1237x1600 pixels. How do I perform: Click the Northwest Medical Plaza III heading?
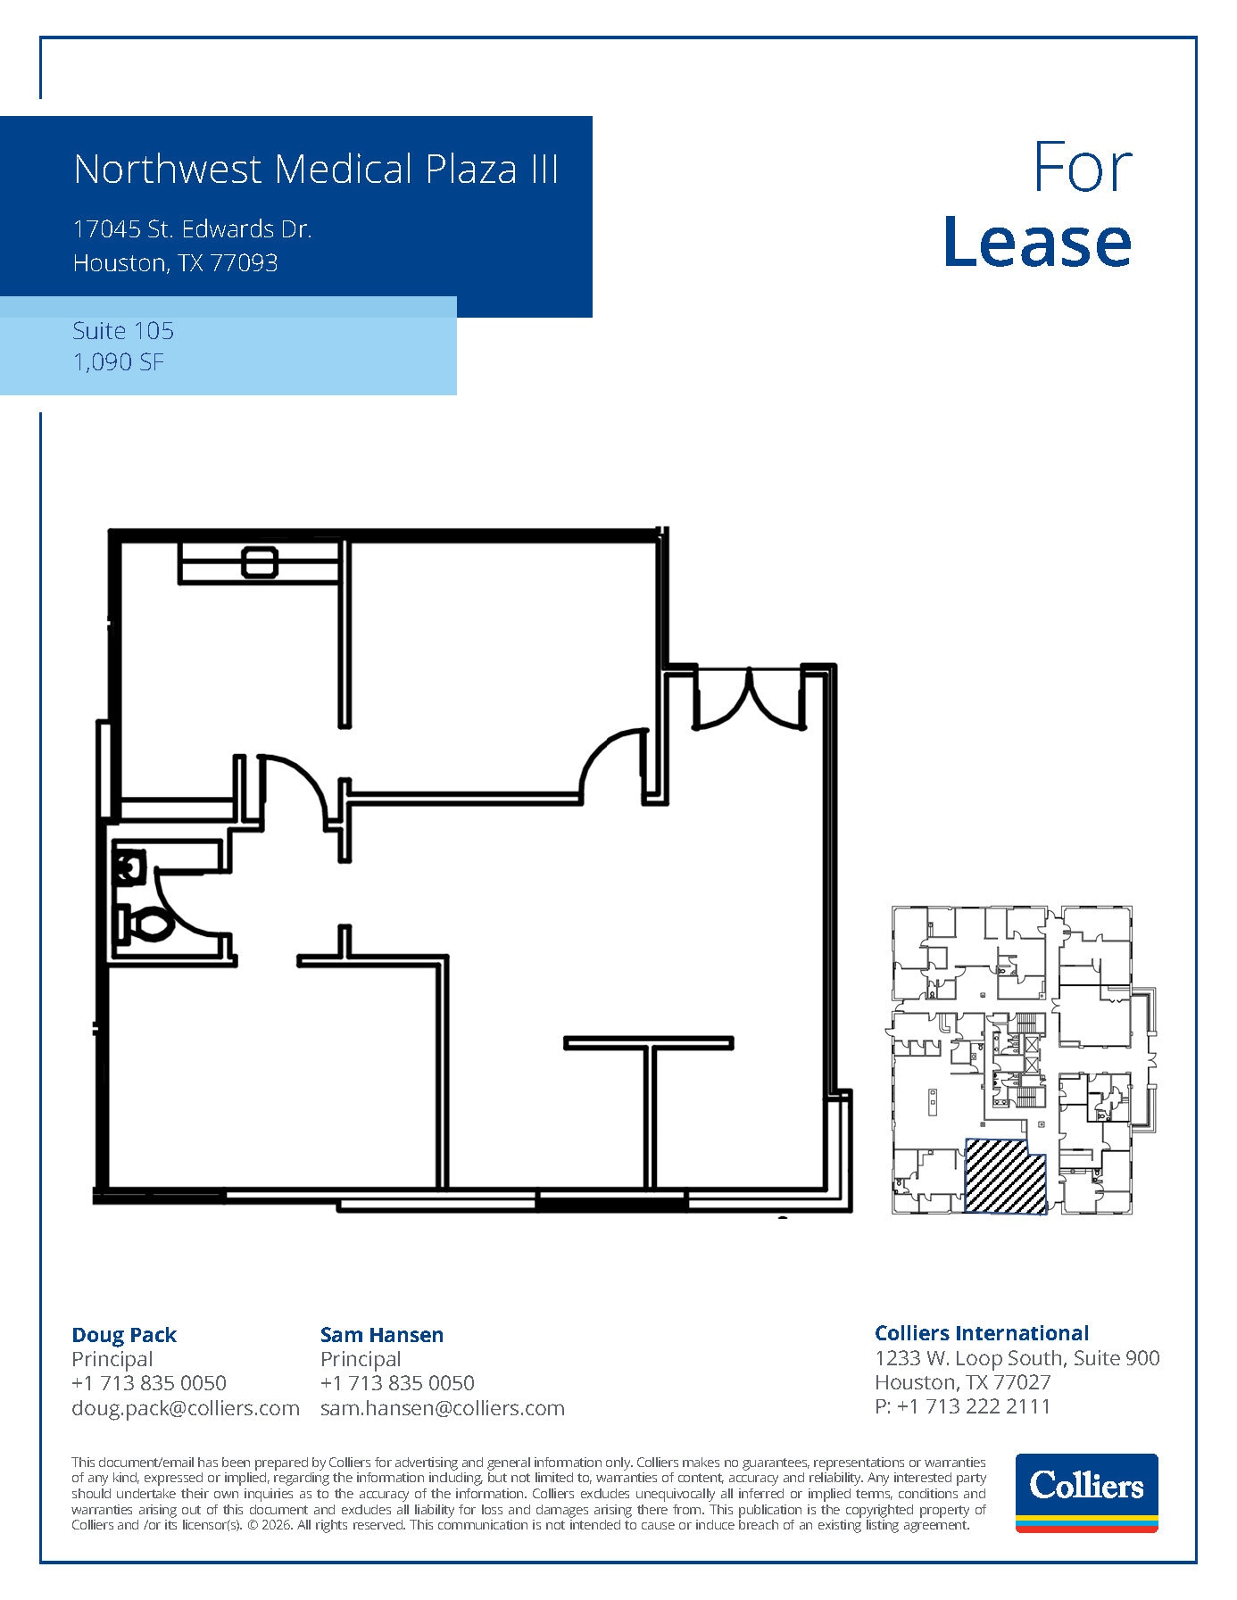click(x=316, y=170)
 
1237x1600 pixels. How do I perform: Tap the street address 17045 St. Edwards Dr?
click(x=192, y=229)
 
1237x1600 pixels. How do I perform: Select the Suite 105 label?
click(x=123, y=331)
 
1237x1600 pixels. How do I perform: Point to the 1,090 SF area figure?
click(x=119, y=362)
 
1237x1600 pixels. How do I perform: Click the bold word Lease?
click(x=1037, y=243)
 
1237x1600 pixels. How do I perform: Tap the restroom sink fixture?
click(x=129, y=866)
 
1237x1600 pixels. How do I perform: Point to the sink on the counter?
click(x=260, y=563)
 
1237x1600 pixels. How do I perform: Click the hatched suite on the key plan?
click(x=1005, y=1176)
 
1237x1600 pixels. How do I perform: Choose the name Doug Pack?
click(x=124, y=1335)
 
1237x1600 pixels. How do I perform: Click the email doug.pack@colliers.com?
click(x=186, y=1408)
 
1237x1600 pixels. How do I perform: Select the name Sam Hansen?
click(x=382, y=1335)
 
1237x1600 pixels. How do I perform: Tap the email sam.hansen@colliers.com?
click(x=443, y=1408)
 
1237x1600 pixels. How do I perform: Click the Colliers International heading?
click(x=982, y=1333)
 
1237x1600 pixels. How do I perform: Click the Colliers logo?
click(x=1086, y=1493)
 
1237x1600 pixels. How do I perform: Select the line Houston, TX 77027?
click(x=963, y=1382)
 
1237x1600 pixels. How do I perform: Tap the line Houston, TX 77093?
click(x=175, y=263)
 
